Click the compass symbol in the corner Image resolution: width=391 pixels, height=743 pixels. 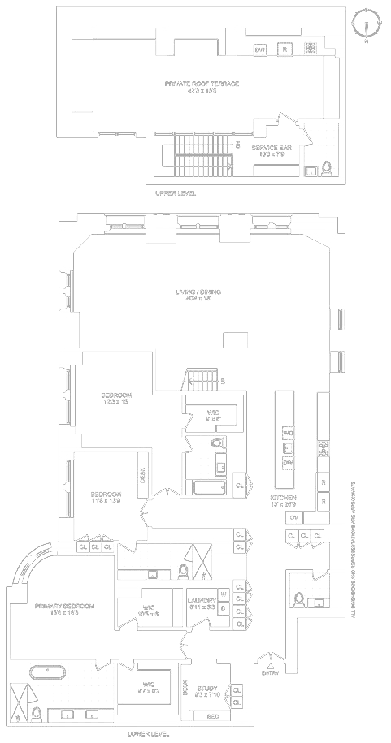point(367,23)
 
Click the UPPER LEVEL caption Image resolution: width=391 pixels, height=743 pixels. point(176,194)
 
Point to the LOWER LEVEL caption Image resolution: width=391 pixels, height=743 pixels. point(148,734)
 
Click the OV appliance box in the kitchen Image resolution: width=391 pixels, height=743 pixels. point(293,517)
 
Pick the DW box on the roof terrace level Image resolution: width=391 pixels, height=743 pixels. point(260,50)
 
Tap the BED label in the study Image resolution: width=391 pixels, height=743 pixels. point(212,717)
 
